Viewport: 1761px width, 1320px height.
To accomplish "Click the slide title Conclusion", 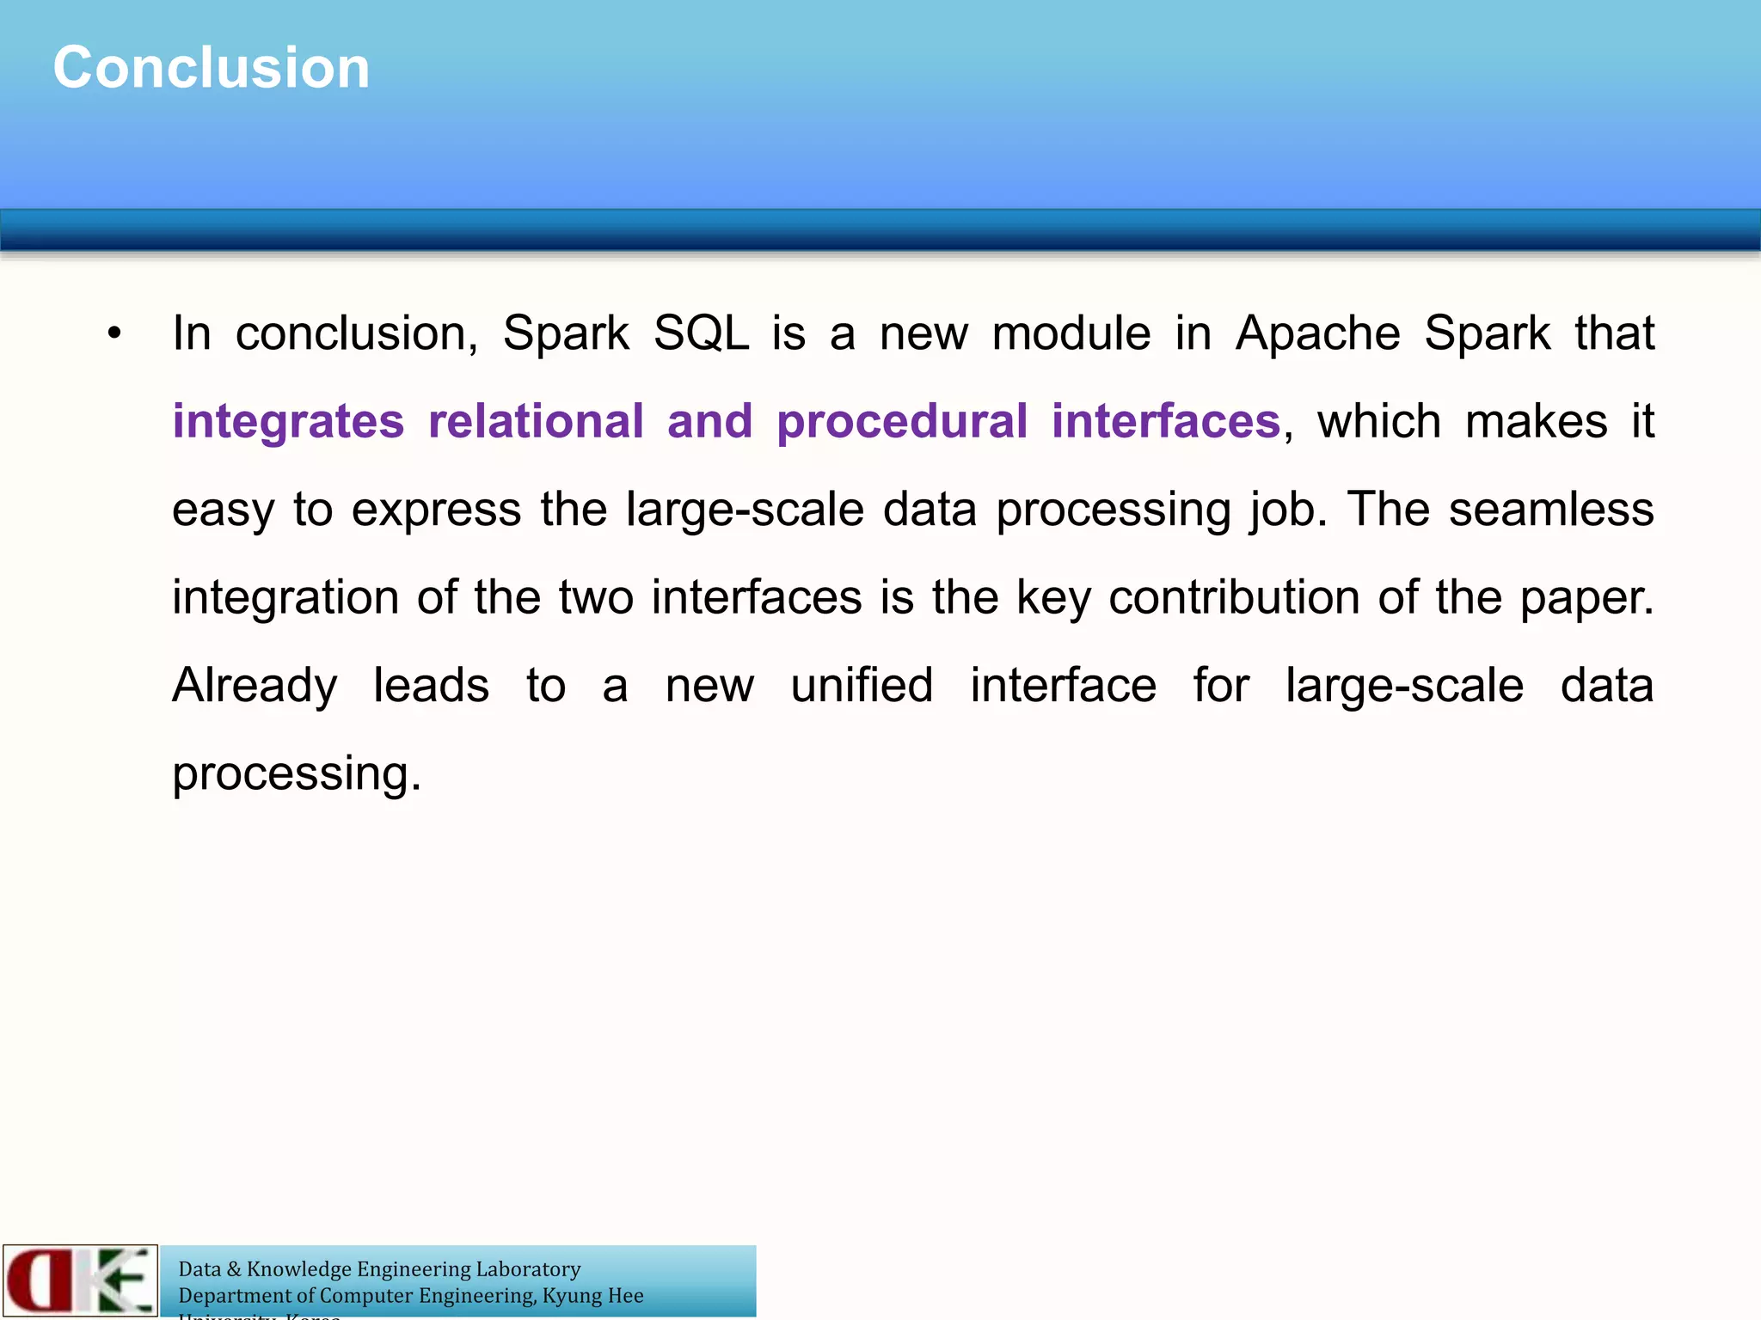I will (x=212, y=68).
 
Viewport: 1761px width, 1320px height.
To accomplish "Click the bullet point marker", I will (x=115, y=333).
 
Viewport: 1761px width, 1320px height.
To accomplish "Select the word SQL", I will (x=701, y=333).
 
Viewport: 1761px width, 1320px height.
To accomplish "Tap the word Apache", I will (x=1317, y=333).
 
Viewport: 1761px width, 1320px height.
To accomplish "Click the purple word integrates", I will (x=288, y=422).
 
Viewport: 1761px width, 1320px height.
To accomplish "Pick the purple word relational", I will (x=536, y=422).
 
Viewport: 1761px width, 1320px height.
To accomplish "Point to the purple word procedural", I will (x=902, y=422).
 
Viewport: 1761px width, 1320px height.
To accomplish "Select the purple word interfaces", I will (x=1166, y=422).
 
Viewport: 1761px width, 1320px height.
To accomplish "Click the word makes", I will (x=1536, y=422).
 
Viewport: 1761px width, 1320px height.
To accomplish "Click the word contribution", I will (x=1234, y=597).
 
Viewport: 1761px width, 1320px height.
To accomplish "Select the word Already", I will (x=255, y=687).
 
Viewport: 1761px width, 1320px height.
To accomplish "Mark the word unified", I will (x=862, y=686).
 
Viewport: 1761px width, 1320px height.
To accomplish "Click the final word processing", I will (x=296, y=774).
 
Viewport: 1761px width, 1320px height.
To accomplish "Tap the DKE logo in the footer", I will (x=80, y=1280).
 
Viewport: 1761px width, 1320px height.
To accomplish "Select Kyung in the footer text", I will (x=571, y=1296).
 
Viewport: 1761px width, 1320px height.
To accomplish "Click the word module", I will (x=1071, y=333).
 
